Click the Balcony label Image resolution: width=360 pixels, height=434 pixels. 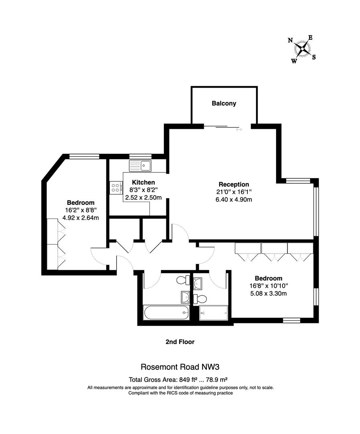tap(224, 103)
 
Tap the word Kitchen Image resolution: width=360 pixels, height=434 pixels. tap(143, 182)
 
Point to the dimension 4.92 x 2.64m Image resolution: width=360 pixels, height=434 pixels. tap(81, 218)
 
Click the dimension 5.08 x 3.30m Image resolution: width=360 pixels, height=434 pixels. tap(268, 293)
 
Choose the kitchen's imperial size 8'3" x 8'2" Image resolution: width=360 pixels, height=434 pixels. tap(143, 190)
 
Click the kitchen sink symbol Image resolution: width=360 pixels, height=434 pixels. tap(140, 165)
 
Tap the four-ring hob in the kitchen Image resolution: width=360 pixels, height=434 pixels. tap(116, 188)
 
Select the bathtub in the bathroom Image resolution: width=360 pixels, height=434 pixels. tap(166, 312)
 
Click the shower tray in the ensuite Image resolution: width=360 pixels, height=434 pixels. tap(213, 312)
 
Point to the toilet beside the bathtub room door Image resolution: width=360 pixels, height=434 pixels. tap(184, 280)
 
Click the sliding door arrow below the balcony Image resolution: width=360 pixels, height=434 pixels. tap(239, 129)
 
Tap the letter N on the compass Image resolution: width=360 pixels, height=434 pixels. tap(290, 40)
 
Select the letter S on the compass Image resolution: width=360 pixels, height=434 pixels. tap(314, 57)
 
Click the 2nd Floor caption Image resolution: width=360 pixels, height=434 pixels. tap(180, 342)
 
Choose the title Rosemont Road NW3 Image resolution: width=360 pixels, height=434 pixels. tap(180, 366)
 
